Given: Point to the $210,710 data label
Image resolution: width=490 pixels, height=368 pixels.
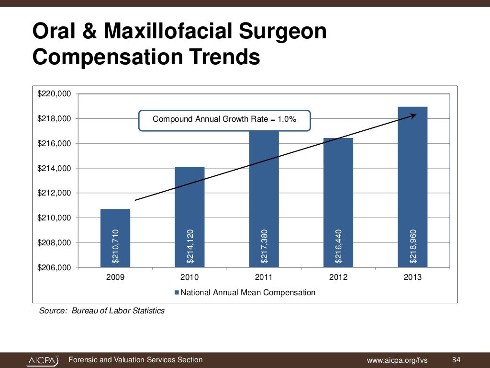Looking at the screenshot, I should [115, 246].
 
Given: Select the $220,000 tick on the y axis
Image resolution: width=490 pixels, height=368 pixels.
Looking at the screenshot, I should [54, 94].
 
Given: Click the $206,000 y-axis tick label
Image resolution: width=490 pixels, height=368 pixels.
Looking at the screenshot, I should [54, 267].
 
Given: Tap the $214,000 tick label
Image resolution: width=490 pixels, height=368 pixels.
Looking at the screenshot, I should [54, 168].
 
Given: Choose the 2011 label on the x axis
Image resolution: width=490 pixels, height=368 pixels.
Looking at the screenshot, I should [264, 277].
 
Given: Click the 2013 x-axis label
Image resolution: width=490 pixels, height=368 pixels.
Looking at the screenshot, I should [412, 277].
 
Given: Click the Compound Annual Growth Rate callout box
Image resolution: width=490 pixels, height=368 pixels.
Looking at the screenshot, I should [224, 120].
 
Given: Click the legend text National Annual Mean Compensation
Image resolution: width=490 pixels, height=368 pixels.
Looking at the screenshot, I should [248, 292].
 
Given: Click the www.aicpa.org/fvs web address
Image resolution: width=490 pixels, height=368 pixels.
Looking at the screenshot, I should [397, 360].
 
